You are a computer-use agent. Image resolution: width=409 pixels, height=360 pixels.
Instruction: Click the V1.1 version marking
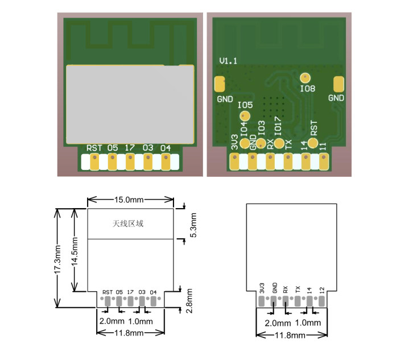228,61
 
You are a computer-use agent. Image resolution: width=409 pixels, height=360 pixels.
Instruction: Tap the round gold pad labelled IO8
305,77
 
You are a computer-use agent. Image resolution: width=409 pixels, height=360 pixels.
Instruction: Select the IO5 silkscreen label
245,105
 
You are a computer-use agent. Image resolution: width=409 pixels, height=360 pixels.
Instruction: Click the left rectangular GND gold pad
220,84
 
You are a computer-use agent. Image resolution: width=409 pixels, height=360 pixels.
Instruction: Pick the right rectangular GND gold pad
338,84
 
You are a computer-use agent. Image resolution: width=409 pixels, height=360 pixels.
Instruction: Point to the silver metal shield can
130,104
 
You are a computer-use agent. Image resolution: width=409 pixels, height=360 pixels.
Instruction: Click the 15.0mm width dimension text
129,200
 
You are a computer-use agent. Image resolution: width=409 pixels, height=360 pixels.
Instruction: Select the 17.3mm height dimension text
57,259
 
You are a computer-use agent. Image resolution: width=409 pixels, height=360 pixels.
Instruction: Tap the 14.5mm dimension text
75,251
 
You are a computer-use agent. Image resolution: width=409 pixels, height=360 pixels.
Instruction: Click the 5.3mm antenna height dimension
193,225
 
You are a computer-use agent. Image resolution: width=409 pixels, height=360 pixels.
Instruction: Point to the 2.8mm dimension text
189,300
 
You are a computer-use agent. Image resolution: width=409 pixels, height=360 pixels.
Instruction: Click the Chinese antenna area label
128,224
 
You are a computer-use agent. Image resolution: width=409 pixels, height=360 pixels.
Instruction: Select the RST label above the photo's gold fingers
94,148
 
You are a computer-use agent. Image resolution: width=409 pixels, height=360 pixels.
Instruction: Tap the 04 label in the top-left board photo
166,148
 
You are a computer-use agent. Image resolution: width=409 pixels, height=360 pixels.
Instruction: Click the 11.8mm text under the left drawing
129,333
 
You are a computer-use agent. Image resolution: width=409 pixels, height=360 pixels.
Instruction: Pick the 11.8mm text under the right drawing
290,335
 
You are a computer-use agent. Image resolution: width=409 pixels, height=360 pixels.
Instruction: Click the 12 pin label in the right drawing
321,289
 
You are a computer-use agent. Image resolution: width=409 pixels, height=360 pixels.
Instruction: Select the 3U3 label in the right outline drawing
262,288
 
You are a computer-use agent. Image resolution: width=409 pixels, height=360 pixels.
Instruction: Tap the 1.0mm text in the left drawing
141,321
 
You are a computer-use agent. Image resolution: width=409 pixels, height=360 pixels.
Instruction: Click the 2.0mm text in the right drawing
278,323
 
